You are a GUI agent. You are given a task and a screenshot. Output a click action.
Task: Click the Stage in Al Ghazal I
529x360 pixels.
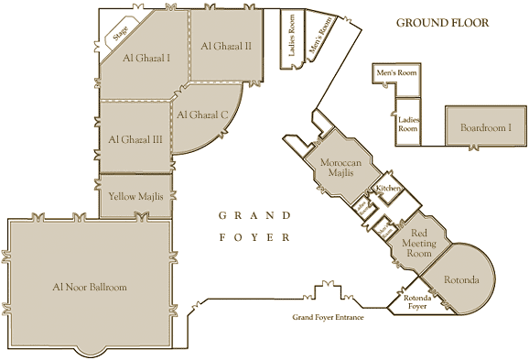120,35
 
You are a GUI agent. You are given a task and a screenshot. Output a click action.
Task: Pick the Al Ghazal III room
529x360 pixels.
135,139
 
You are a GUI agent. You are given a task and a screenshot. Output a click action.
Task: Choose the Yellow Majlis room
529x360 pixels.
135,196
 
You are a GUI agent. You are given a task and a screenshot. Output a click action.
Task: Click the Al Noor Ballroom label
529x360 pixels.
89,287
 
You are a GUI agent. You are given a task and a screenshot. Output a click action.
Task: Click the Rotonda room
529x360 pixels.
463,278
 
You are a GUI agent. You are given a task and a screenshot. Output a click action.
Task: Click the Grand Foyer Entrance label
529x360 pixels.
328,317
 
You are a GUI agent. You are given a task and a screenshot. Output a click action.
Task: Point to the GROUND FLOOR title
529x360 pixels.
442,22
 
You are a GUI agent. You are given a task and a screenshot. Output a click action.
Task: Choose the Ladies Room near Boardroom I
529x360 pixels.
407,123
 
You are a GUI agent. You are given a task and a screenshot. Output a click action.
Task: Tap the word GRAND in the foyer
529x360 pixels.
254,216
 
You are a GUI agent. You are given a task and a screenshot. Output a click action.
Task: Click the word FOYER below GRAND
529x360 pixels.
254,237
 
